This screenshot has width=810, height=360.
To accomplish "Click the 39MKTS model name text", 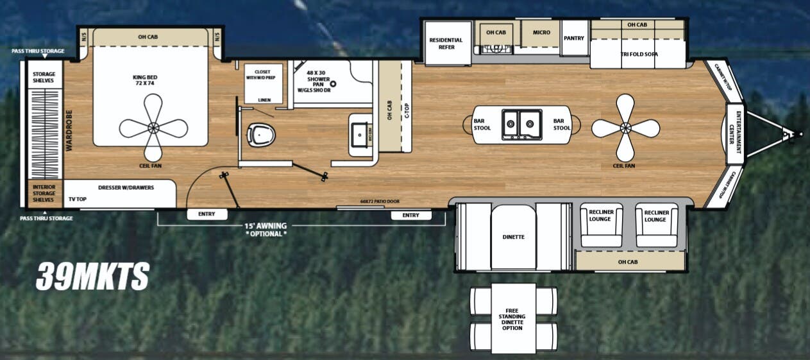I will point(92,277).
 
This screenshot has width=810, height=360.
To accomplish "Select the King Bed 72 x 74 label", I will point(145,81).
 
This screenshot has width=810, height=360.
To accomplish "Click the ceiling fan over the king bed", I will point(153,128).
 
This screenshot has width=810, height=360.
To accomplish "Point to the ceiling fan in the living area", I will point(625,128).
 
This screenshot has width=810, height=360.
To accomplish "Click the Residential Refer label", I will point(446,44).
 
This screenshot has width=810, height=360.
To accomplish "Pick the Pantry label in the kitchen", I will point(574,39).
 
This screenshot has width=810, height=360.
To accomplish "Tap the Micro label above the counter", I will point(539,32).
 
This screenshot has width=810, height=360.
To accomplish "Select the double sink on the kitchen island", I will point(521,123).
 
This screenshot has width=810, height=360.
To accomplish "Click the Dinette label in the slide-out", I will point(513,237).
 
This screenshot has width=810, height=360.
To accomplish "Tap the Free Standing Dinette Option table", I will point(512,318).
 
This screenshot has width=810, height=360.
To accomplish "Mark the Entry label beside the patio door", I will point(410,215).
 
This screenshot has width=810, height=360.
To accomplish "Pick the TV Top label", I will point(78,200).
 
